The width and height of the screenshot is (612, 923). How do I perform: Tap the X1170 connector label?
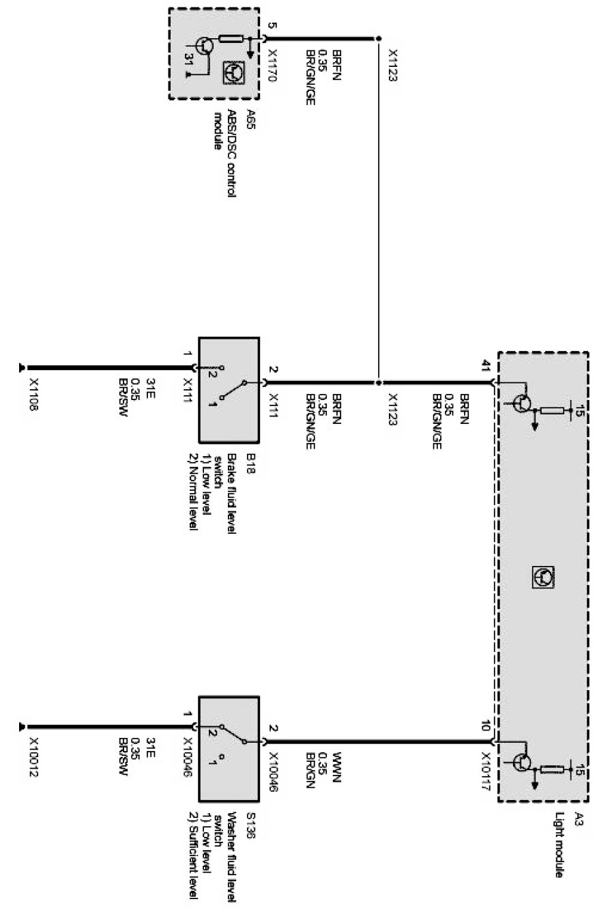click(x=272, y=66)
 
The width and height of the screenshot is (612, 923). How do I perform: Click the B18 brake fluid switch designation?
click(x=250, y=458)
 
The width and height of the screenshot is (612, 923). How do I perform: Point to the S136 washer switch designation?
click(x=250, y=819)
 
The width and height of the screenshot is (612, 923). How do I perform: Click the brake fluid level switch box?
click(x=229, y=389)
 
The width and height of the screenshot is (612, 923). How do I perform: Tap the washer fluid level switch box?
click(x=229, y=749)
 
